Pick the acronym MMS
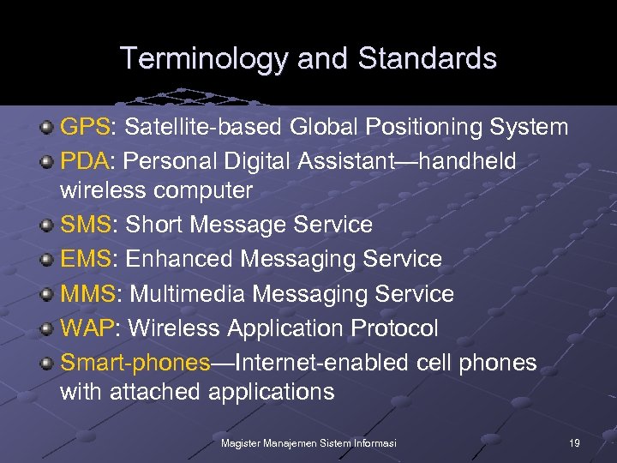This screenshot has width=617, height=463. pyautogui.click(x=87, y=294)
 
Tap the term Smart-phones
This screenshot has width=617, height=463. pyautogui.click(x=135, y=363)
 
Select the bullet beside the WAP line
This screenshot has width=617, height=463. pyautogui.click(x=48, y=329)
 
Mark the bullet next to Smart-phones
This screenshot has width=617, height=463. pyautogui.click(x=48, y=364)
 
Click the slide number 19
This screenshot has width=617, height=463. pyautogui.click(x=574, y=442)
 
